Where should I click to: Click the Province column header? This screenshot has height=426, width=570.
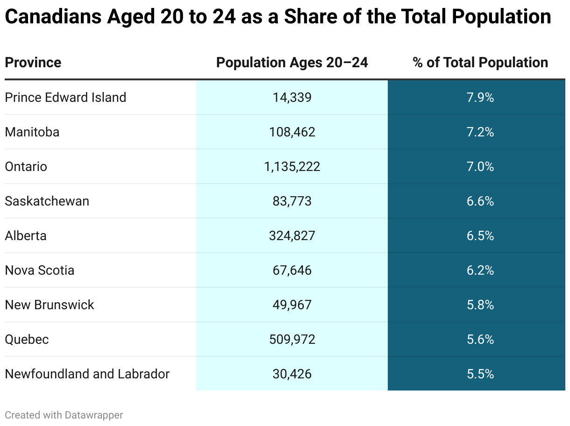(x=33, y=63)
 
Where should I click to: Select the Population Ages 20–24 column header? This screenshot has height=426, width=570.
(x=292, y=63)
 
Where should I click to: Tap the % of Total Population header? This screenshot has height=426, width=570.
(x=480, y=63)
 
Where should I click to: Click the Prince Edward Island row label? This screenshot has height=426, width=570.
(x=65, y=98)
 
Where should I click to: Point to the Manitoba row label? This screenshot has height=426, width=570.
(x=32, y=132)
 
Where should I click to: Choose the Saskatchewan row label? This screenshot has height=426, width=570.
(x=47, y=201)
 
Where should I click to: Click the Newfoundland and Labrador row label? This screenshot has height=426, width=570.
(x=87, y=374)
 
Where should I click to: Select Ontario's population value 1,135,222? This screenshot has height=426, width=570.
(x=292, y=167)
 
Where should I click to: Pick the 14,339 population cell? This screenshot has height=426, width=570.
(x=292, y=98)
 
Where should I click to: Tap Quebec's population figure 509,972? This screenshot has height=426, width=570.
(x=292, y=340)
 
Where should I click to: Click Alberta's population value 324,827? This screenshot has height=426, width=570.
(x=292, y=236)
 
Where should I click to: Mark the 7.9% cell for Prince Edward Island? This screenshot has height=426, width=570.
(x=480, y=98)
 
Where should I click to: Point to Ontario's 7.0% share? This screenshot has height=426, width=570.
(x=480, y=167)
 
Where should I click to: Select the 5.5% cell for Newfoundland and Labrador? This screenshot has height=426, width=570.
(x=480, y=374)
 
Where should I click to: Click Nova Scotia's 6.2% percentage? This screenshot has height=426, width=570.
(x=480, y=270)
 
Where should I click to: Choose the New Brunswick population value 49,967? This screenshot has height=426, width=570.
(x=292, y=305)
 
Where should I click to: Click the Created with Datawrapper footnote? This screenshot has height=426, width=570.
(x=64, y=415)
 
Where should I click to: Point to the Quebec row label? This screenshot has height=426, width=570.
(x=27, y=340)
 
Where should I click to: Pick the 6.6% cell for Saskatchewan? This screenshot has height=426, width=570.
(x=480, y=201)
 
